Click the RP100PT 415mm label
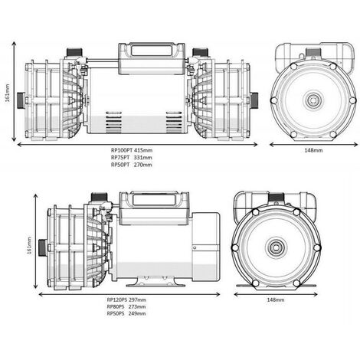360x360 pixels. coord(131,151)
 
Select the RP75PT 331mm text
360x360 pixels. coord(131,158)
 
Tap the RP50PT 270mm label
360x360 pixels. coord(131,165)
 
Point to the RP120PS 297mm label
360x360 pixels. coord(126,300)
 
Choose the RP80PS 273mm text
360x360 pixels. coord(126,307)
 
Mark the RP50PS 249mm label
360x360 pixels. coord(126,314)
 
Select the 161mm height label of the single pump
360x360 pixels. coord(29,247)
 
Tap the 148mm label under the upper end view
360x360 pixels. coord(312,151)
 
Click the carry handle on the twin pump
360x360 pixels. coord(149,54)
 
